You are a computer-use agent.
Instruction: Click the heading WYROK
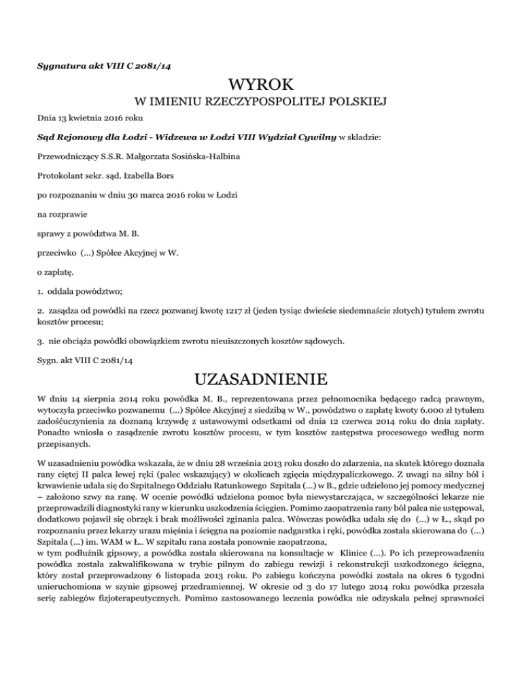(x=261, y=86)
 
